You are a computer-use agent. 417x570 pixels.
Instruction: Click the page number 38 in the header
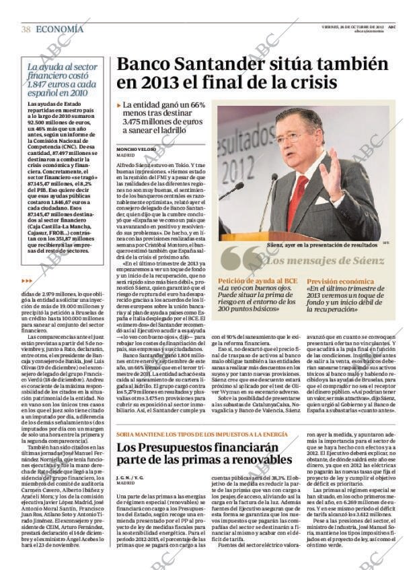click(x=26, y=30)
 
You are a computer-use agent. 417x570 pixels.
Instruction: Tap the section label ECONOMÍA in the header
click(x=59, y=30)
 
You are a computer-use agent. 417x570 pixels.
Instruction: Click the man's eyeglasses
click(x=294, y=136)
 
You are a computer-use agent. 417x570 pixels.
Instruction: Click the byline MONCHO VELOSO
click(x=136, y=148)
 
